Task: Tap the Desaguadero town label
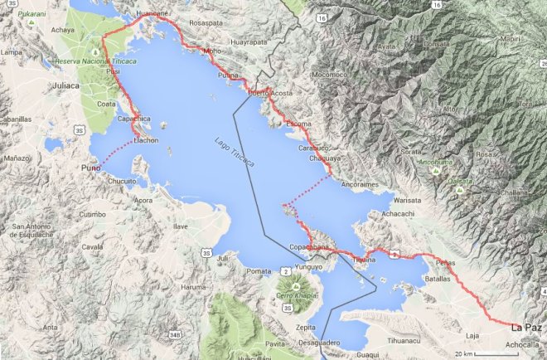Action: [x=319, y=342]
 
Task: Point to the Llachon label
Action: [x=145, y=139]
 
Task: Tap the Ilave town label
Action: [x=181, y=225]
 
